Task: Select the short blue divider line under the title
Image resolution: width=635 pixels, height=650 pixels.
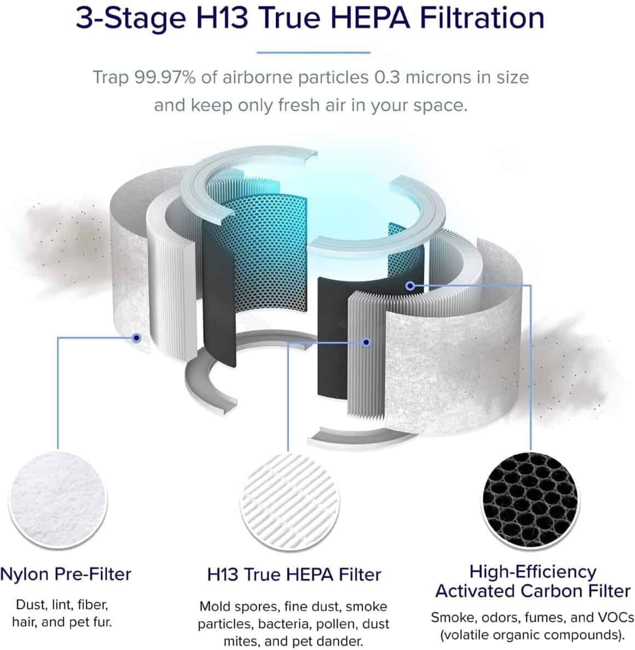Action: coord(313,53)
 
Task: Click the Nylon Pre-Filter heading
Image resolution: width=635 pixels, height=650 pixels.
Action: coord(66,574)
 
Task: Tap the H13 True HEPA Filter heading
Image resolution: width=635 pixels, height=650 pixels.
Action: coord(294,574)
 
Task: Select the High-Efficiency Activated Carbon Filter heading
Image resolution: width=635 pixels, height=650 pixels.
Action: coord(533,582)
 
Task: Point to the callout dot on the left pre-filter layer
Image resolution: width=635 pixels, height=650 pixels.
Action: coord(136,338)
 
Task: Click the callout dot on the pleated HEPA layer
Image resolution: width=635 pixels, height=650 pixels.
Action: coord(366,342)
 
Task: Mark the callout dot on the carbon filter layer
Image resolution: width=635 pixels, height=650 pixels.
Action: coord(410,285)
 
